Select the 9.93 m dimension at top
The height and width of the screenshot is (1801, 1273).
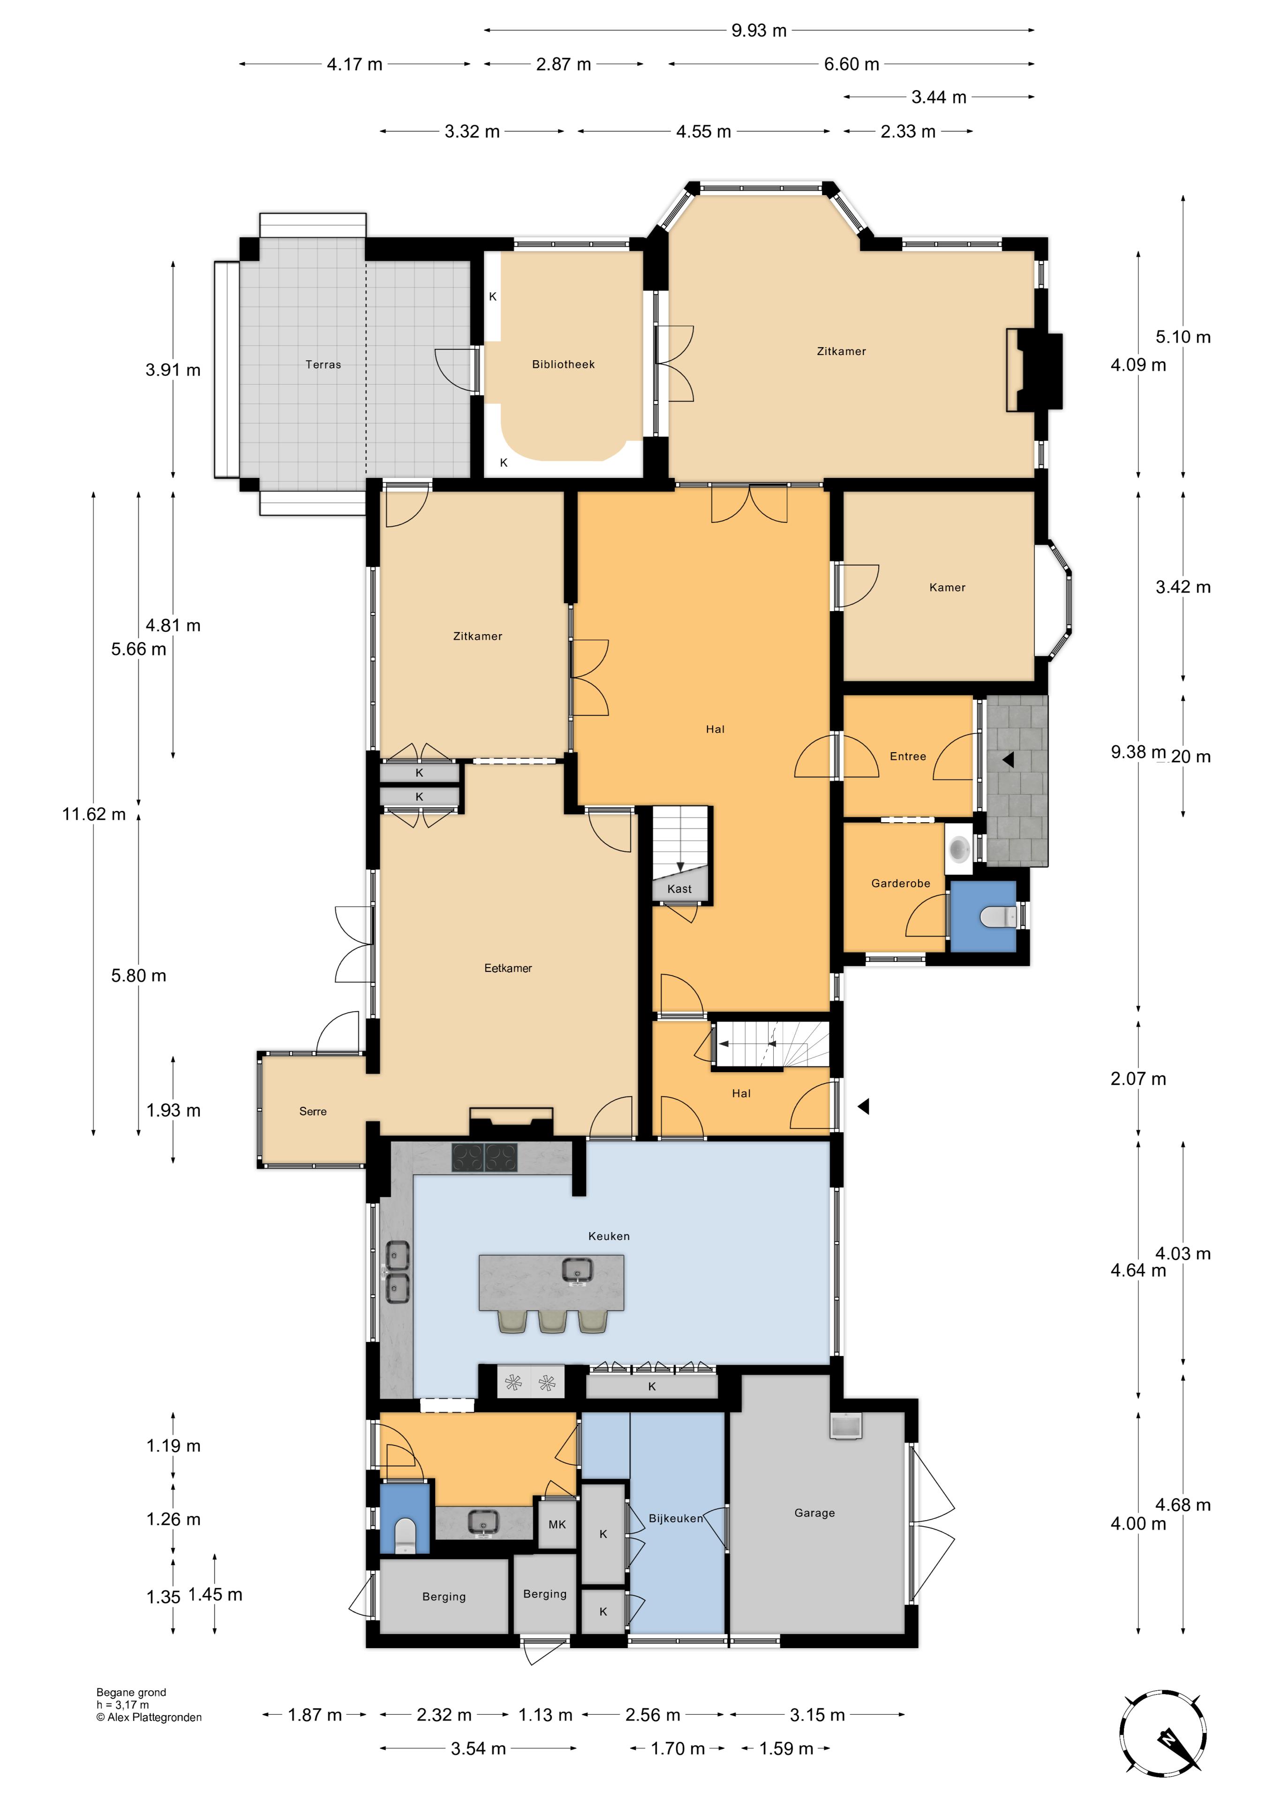pyautogui.click(x=759, y=30)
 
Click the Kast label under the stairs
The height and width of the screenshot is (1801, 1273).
pyautogui.click(x=679, y=889)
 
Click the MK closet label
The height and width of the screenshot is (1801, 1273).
pyautogui.click(x=557, y=1524)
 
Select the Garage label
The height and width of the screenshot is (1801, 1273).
pyautogui.click(x=814, y=1513)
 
